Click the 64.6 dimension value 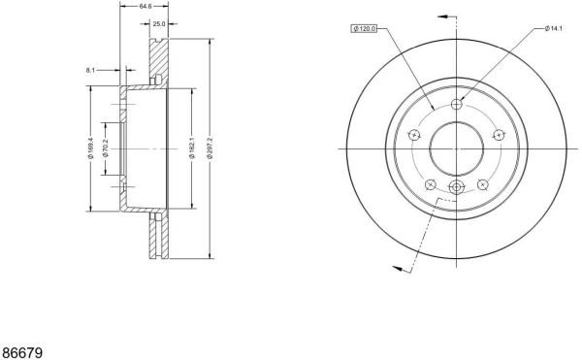(x=145, y=6)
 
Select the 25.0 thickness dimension (x=158, y=24)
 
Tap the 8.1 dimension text (x=90, y=70)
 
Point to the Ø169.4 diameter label (x=90, y=147)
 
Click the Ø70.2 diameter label (x=106, y=148)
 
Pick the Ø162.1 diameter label (x=192, y=147)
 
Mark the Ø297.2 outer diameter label (x=210, y=147)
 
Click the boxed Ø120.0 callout (x=364, y=28)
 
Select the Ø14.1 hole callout (x=553, y=28)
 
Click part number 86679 (x=22, y=352)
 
